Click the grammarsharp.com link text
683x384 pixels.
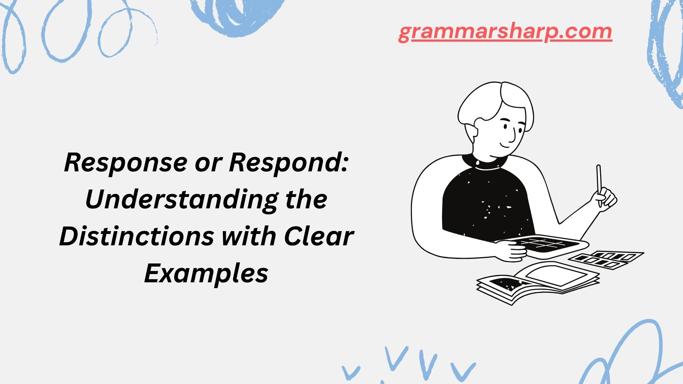tap(505, 32)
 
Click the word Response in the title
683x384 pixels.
tap(126, 163)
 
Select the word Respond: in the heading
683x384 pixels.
tap(288, 163)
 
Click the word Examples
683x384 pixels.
tap(206, 274)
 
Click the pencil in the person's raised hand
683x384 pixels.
tap(599, 183)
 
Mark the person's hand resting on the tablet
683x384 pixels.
tap(512, 251)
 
